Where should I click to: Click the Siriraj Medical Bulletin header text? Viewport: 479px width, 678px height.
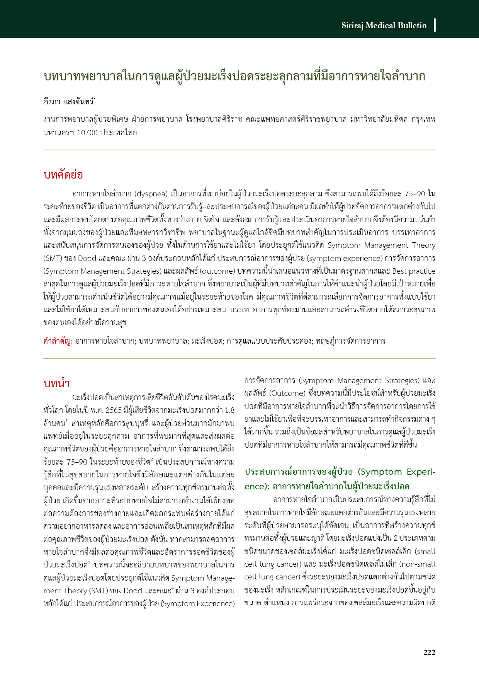[384, 26]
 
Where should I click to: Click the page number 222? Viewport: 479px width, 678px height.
[429, 652]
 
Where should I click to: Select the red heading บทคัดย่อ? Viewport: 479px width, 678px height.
[63, 175]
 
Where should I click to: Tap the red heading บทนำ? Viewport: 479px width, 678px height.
[57, 383]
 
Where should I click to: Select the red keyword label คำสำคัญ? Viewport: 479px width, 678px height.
[58, 341]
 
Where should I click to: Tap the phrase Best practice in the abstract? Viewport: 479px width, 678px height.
[414, 271]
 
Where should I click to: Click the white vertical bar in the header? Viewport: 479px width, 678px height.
[435, 25]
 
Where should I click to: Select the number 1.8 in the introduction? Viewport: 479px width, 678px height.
[229, 410]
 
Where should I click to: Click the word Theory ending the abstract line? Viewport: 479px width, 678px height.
[424, 245]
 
